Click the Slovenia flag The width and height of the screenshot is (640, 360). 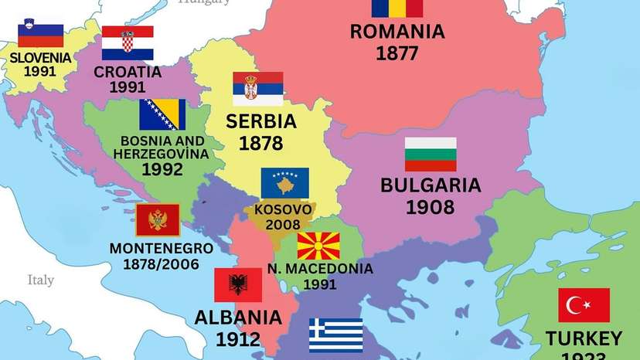point(40,36)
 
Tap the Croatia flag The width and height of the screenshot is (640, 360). point(128,43)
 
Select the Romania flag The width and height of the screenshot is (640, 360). point(397,8)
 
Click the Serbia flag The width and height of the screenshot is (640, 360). point(257,89)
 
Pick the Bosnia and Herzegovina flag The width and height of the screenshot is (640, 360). point(162,114)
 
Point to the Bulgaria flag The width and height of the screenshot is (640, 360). point(431,155)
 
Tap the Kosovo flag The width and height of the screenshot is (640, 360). point(284,184)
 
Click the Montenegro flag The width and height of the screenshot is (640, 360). point(158,220)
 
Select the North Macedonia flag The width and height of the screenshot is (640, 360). point(319,245)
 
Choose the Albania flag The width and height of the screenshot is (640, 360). point(238,285)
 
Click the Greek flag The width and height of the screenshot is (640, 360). point(336,335)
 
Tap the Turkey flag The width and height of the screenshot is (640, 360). point(584,305)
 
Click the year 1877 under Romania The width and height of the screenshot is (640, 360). point(397,53)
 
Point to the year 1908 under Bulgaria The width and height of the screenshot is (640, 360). point(431,207)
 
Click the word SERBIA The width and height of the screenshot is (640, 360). point(261,122)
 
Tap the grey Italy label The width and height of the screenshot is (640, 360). point(40,280)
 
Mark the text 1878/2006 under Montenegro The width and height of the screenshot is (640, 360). point(161,264)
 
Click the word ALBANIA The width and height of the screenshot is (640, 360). point(237,318)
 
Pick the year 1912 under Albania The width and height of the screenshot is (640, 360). point(237,338)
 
